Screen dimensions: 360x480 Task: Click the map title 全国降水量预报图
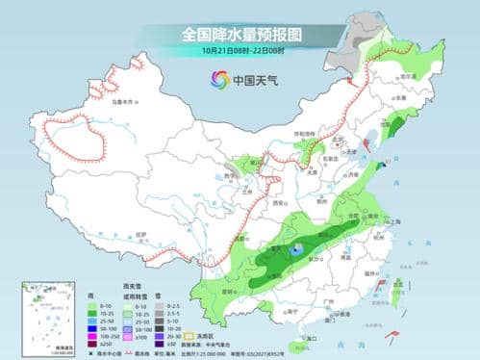point(240,35)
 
